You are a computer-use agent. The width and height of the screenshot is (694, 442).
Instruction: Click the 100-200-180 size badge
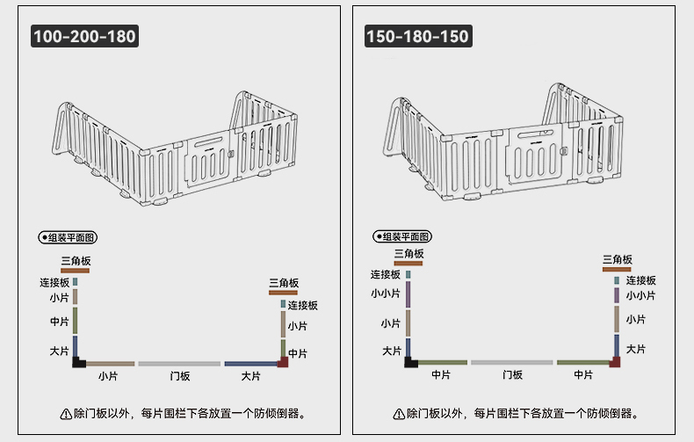(x=84, y=37)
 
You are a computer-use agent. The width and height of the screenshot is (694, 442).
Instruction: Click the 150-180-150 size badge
(x=417, y=37)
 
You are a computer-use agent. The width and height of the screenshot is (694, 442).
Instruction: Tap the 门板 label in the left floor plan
(x=179, y=376)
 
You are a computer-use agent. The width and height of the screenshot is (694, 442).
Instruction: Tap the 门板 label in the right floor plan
(x=512, y=375)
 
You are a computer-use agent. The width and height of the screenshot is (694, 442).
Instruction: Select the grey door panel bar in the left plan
(x=179, y=363)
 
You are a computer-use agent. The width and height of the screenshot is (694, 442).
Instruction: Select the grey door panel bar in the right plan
(x=512, y=362)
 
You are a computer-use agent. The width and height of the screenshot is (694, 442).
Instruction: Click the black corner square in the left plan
(x=78, y=361)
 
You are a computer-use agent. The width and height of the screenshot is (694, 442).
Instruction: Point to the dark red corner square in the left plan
(x=283, y=361)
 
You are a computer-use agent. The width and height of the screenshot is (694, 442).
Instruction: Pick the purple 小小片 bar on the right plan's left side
(x=409, y=294)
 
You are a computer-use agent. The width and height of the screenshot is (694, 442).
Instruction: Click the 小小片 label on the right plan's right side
(x=640, y=295)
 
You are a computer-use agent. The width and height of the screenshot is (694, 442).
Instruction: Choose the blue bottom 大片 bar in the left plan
(x=249, y=363)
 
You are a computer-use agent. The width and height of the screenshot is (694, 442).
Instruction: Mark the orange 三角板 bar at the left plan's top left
(x=76, y=271)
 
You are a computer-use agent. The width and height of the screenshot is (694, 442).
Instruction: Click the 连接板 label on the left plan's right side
(x=302, y=305)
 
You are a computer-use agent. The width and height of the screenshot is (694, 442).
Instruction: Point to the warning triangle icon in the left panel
(x=65, y=413)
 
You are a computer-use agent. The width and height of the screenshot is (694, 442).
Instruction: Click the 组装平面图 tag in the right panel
(x=402, y=237)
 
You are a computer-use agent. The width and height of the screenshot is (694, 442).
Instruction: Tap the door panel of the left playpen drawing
(x=209, y=156)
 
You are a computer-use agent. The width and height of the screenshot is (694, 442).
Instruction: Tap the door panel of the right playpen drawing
(x=535, y=153)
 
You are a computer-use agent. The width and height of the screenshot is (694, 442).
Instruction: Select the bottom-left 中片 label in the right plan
(x=441, y=375)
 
